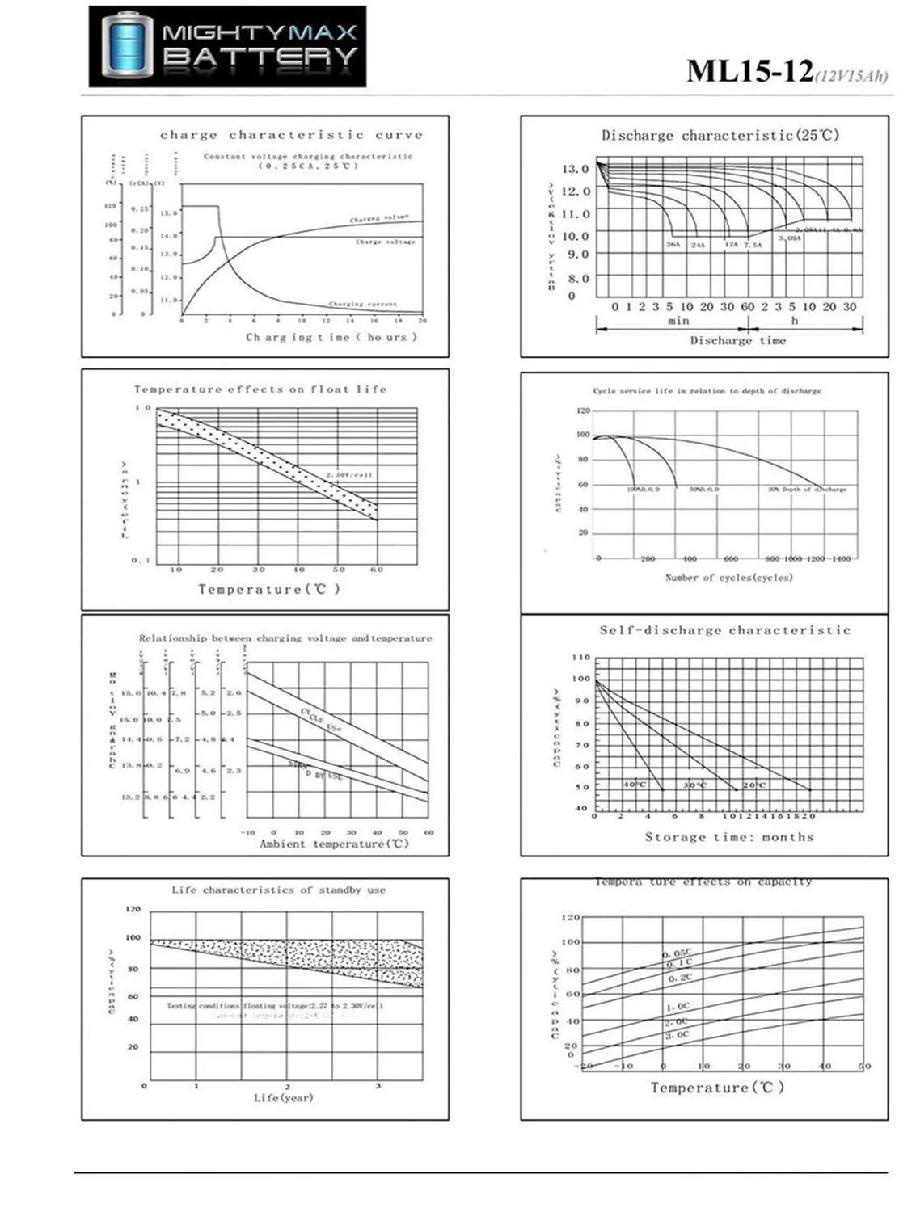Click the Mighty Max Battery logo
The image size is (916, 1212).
pos(227,46)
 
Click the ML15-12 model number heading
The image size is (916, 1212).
pos(749,71)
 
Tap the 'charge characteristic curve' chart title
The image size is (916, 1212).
pos(291,135)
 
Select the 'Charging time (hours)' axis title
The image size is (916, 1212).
pos(331,337)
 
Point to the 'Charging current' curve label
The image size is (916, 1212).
pos(363,305)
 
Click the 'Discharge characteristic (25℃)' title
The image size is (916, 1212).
pos(720,136)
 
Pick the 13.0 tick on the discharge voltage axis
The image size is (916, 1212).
pos(576,169)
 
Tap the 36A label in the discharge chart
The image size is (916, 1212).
pos(673,244)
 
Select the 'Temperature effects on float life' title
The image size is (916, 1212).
pos(260,389)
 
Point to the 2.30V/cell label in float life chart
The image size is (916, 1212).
pos(349,475)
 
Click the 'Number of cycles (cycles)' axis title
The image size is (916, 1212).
pos(728,578)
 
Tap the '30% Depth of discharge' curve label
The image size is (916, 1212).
pos(807,490)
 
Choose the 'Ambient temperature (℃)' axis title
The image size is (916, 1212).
pos(334,844)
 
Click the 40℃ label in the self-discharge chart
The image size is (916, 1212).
pos(635,785)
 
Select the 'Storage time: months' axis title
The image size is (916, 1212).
pos(729,838)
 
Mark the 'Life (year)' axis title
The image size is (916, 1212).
pos(283,1098)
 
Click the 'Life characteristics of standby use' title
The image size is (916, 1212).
pos(278,890)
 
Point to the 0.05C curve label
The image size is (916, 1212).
pos(678,953)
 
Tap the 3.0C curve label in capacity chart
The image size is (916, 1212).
pos(678,1035)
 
